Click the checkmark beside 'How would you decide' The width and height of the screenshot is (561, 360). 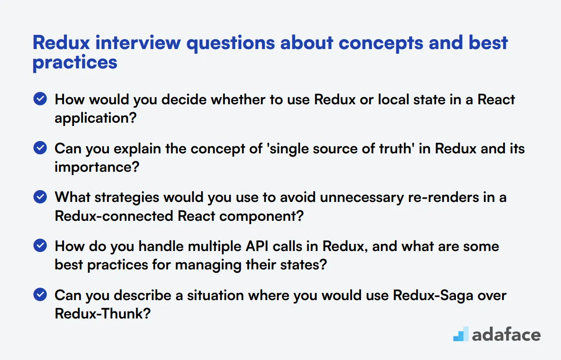coord(41,99)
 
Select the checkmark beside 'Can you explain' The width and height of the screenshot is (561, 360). coord(41,148)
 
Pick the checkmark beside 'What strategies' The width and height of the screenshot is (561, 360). coord(41,197)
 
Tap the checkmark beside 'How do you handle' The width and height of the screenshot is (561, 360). coord(41,246)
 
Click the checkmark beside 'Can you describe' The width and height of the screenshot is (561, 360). coord(41,295)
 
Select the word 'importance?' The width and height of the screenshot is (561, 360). coord(97,167)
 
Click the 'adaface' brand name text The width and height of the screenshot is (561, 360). coord(506,335)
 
